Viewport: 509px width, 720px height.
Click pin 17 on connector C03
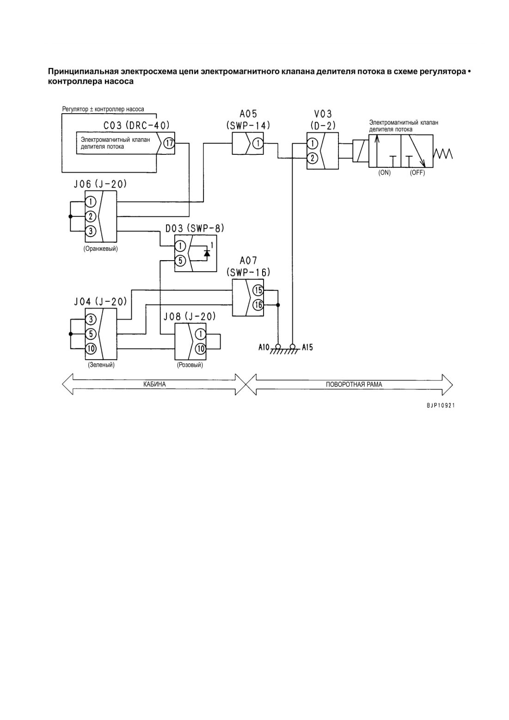pyautogui.click(x=169, y=143)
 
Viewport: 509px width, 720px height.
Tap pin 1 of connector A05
pyautogui.click(x=258, y=143)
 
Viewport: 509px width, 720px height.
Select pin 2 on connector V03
pyautogui.click(x=313, y=158)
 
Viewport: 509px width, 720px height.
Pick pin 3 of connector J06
pyautogui.click(x=91, y=231)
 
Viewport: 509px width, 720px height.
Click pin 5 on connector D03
pyautogui.click(x=180, y=260)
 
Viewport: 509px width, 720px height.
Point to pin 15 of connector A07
pyautogui.click(x=258, y=290)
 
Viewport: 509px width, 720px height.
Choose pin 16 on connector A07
pyautogui.click(x=258, y=305)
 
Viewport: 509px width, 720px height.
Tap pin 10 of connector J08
pyautogui.click(x=200, y=348)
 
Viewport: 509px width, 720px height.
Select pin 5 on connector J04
pyautogui.click(x=91, y=334)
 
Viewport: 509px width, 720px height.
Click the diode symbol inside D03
pyautogui.click(x=207, y=253)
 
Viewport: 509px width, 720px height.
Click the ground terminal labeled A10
pyautogui.click(x=278, y=347)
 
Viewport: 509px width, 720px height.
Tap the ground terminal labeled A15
pyautogui.click(x=292, y=347)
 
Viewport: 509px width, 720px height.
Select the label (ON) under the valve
pyautogui.click(x=384, y=173)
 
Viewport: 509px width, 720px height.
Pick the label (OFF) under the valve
pyautogui.click(x=417, y=173)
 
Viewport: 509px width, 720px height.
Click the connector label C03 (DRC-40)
pyautogui.click(x=136, y=125)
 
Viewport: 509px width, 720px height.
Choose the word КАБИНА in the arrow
pyautogui.click(x=155, y=384)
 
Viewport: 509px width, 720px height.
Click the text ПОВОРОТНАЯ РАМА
pyautogui.click(x=354, y=384)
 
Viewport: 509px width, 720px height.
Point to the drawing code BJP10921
pyautogui.click(x=441, y=406)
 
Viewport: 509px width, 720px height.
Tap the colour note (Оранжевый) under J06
pyautogui.click(x=101, y=249)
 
